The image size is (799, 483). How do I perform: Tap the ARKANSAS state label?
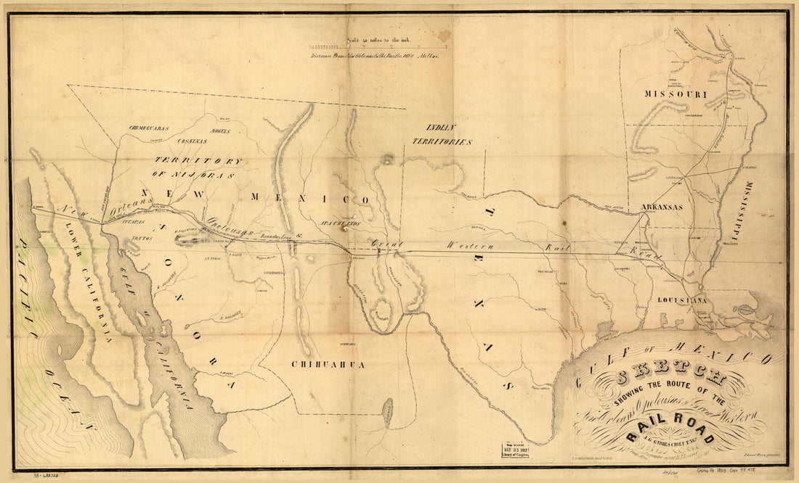(661, 207)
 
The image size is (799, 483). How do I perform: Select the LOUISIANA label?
(682, 299)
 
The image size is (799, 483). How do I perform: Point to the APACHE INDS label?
(340, 223)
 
